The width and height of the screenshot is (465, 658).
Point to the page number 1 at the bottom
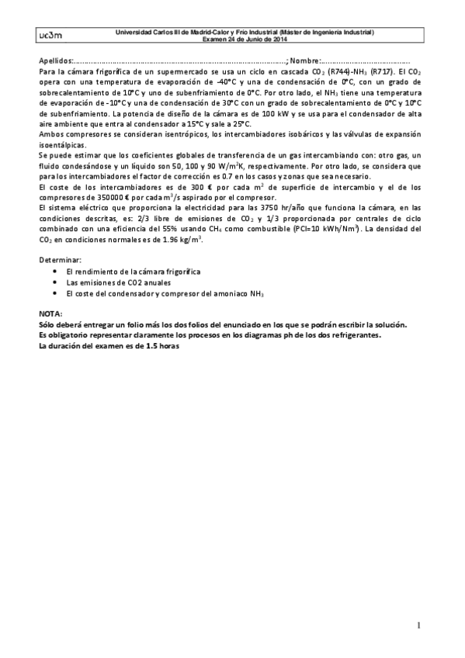point(418,625)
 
